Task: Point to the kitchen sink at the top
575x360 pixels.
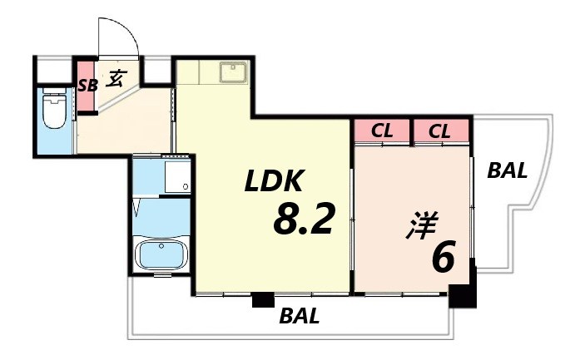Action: pos(232,72)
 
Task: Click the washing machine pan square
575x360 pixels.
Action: pos(178,175)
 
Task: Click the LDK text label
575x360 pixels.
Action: pos(275,180)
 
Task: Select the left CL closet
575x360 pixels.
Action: pos(381,131)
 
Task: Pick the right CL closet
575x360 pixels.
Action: pos(441,131)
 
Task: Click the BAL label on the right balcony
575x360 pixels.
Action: pos(507,171)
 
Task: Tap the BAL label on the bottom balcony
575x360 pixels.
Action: pos(300,316)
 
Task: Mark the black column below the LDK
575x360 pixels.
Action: pos(263,300)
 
